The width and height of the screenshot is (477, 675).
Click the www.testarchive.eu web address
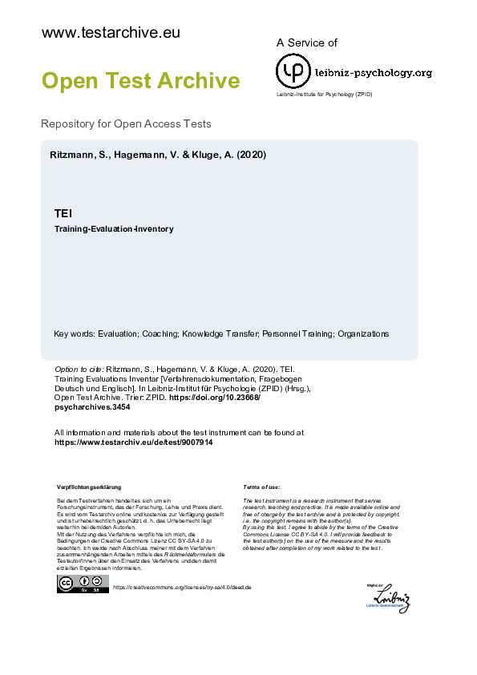pos(110,33)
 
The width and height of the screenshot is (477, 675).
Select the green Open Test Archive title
pos(140,81)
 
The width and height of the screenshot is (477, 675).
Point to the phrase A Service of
pos(306,42)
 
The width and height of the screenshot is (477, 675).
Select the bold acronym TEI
pos(63,214)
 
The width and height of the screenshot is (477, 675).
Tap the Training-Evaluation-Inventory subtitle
pos(113,229)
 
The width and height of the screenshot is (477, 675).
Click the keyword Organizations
pos(363,333)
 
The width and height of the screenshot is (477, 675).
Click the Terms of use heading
pos(261,487)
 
